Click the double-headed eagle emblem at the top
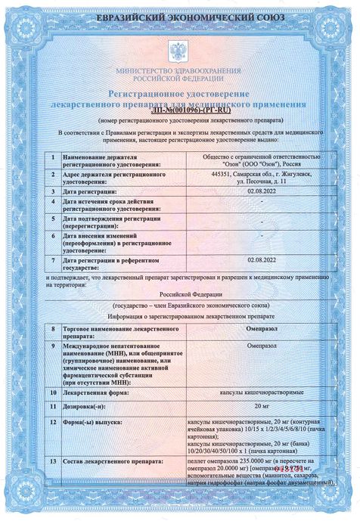point(179,52)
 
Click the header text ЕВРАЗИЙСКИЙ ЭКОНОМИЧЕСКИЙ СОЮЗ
point(179,16)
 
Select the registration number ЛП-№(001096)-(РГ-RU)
point(179,109)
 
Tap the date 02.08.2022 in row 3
point(261,192)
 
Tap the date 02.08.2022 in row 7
point(261,259)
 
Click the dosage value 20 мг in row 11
point(261,407)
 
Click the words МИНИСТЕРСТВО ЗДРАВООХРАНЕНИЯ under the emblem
point(179,70)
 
